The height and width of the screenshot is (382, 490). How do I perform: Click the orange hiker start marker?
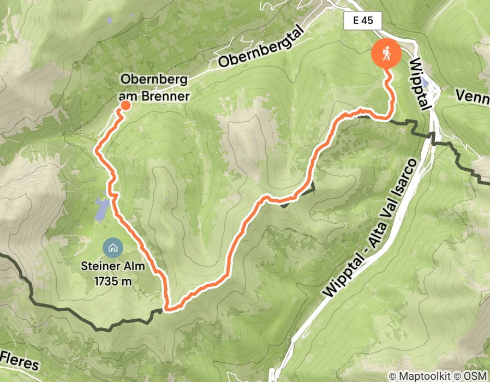pyautogui.click(x=386, y=54)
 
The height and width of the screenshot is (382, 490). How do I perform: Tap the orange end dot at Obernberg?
pyautogui.click(x=125, y=105)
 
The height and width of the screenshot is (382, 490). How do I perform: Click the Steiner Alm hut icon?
pyautogui.click(x=112, y=248)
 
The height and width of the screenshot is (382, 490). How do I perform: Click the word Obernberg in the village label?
pyautogui.click(x=155, y=80)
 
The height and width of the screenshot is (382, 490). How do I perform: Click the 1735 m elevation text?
pyautogui.click(x=108, y=282)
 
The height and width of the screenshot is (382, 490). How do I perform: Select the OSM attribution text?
pyautogui.click(x=475, y=376)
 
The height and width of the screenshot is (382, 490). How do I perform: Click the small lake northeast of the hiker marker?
pyautogui.click(x=425, y=65)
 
